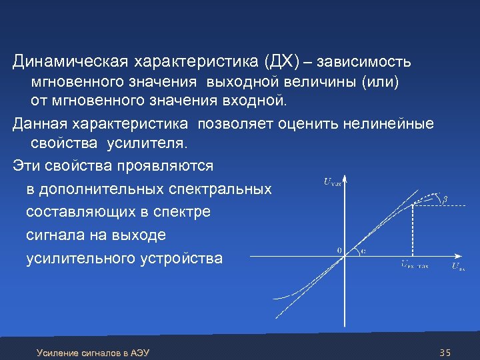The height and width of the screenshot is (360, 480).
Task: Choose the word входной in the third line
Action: click(253, 101)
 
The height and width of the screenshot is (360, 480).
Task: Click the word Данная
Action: click(40, 123)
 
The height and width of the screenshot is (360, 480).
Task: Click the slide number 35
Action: click(446, 351)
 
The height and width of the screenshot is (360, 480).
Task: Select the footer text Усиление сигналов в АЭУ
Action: click(93, 352)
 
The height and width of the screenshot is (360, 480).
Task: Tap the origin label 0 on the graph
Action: click(339, 251)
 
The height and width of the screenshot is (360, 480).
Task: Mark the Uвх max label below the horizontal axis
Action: click(415, 265)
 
